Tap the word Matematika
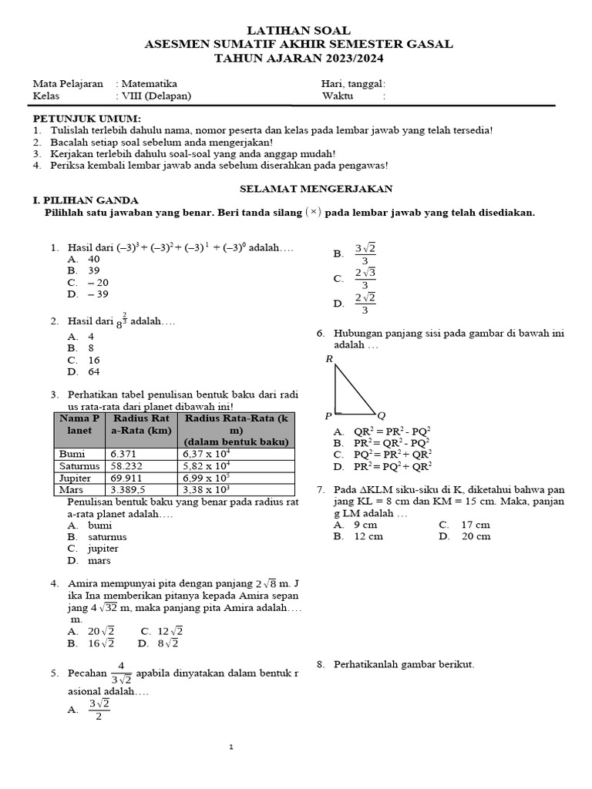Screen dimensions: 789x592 149,84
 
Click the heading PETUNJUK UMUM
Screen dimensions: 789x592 86,119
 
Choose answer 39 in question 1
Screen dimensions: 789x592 94,270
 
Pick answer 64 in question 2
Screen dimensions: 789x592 94,371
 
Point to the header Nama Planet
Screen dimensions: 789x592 79,424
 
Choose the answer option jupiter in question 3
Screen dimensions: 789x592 103,549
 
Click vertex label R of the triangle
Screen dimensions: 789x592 329,359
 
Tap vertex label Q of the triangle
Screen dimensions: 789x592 381,416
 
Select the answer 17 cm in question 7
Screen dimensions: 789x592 475,525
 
